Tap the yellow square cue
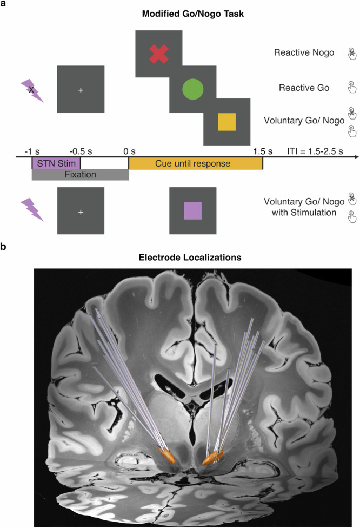coord(227,122)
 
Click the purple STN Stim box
coord(56,162)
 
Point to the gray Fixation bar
coord(80,175)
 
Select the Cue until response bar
coord(195,162)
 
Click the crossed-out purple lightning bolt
coord(32,90)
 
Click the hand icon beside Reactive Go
coord(351,87)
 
